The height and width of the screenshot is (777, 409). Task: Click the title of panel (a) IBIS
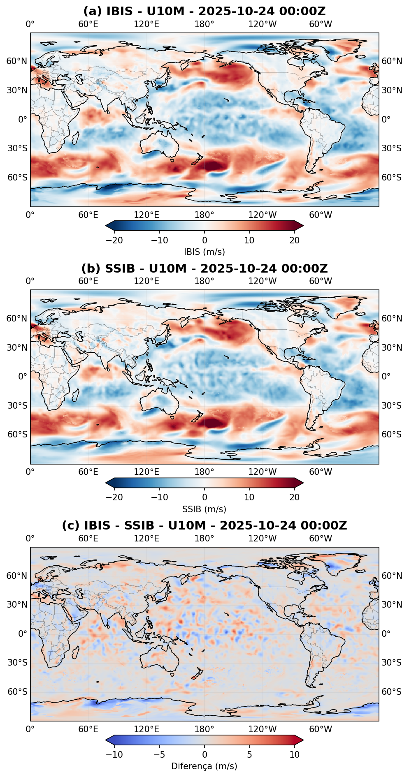tap(204, 11)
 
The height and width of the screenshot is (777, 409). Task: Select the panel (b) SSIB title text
tap(204, 268)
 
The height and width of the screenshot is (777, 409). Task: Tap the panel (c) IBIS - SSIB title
tap(204, 525)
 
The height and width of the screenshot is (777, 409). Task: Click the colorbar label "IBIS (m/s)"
tap(204, 252)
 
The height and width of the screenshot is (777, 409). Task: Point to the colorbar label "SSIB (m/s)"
tap(204, 509)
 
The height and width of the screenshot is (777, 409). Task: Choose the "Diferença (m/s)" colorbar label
tap(204, 766)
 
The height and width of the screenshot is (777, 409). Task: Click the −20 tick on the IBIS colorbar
tap(114, 240)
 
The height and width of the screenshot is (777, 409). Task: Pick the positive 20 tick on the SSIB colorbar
tap(295, 497)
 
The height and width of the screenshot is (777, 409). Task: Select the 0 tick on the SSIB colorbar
tap(204, 497)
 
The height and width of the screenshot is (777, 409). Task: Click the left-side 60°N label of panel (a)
tap(17, 61)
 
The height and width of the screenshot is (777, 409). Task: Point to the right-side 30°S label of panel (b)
tap(391, 406)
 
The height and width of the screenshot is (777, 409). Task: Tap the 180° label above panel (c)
tap(204, 538)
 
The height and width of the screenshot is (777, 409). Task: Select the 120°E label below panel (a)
tap(146, 215)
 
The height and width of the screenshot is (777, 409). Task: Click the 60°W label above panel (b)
tap(321, 281)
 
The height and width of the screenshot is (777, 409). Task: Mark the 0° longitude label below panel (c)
tap(30, 729)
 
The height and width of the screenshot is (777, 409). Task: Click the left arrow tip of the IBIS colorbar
tap(106, 225)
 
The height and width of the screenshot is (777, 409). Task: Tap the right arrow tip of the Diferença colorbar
tap(303, 740)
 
